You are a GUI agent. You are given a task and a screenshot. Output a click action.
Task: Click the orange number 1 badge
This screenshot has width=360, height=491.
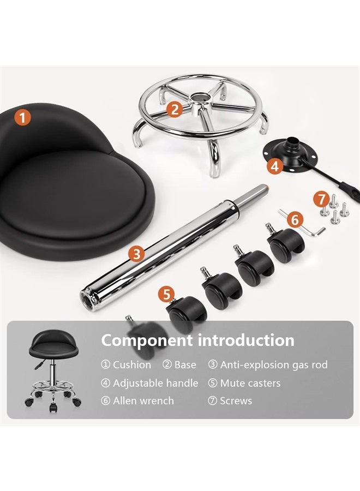(x=22, y=118)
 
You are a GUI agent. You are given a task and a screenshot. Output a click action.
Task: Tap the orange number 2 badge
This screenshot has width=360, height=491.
(x=175, y=109)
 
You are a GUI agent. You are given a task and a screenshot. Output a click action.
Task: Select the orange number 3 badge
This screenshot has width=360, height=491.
(x=137, y=254)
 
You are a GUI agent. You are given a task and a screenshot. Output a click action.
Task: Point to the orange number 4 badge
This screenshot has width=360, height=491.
(x=275, y=166)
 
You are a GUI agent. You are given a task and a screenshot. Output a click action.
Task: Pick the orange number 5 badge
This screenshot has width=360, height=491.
(x=166, y=295)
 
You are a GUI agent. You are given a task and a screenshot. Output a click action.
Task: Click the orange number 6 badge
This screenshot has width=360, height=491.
(x=295, y=219)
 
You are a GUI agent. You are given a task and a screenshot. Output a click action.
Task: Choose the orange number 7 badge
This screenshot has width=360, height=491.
(x=322, y=200)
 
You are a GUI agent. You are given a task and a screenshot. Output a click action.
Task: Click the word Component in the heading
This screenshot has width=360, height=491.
(x=147, y=340)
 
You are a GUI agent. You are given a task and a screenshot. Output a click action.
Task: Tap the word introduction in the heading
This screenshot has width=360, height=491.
(x=246, y=340)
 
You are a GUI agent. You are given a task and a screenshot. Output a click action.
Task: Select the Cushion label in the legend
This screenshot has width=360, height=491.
(x=132, y=365)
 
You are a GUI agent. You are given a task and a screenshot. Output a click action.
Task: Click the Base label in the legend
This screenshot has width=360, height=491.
(x=185, y=365)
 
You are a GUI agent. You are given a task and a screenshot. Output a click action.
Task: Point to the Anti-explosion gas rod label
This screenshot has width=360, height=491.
(x=274, y=365)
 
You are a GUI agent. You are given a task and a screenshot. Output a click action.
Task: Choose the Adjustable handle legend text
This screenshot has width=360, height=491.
(x=155, y=383)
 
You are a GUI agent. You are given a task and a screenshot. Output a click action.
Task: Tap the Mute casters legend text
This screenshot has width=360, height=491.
(x=250, y=383)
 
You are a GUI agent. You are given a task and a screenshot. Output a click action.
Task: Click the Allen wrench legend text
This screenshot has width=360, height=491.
(x=143, y=401)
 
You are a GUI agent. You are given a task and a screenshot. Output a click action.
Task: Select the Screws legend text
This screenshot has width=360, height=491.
(x=236, y=401)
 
